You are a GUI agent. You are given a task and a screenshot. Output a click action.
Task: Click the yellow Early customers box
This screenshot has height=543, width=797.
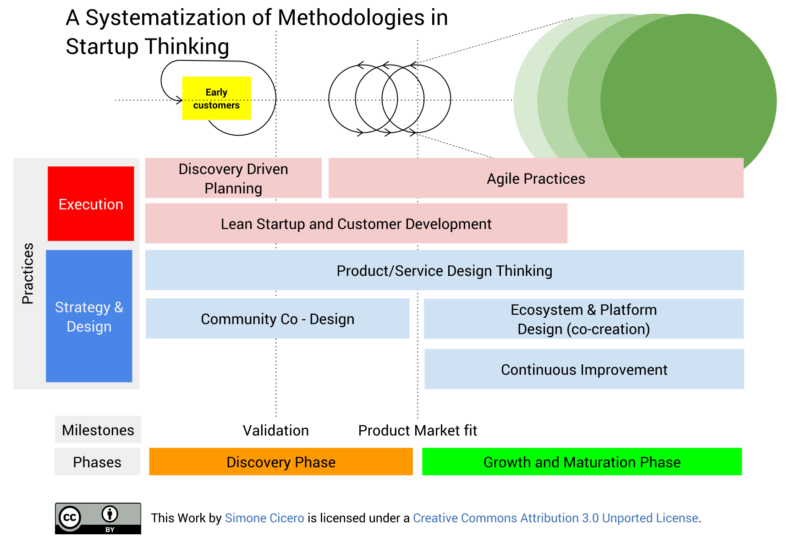point(216,98)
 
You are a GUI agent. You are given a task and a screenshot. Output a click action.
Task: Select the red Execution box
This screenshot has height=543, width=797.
point(91,203)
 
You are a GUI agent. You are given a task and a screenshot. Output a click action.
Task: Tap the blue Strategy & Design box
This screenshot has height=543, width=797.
point(89,316)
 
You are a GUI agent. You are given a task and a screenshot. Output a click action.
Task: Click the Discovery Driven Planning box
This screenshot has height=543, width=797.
point(233,178)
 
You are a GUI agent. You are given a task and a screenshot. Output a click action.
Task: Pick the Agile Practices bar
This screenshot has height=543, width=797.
point(536,178)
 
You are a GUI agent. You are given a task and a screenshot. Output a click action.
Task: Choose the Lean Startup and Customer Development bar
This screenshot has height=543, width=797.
point(356,223)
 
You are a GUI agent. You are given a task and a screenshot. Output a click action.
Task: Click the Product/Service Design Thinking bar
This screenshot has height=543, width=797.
point(445,270)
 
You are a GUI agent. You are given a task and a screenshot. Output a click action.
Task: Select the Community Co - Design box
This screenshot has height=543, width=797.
point(278,318)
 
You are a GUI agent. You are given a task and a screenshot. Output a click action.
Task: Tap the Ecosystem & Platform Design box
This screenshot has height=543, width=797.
point(583,319)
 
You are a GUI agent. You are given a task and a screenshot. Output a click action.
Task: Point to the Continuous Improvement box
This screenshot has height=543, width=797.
point(584,369)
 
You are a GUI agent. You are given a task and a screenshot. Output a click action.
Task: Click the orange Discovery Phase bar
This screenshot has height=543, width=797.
point(281,461)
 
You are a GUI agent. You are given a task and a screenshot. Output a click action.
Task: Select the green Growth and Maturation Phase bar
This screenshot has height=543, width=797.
point(582,461)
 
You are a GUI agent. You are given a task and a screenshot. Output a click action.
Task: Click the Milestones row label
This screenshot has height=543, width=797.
point(98,429)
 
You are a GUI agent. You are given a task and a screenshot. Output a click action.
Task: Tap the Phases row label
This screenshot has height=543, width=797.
point(97,461)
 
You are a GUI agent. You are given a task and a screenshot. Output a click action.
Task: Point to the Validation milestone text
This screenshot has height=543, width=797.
point(275,430)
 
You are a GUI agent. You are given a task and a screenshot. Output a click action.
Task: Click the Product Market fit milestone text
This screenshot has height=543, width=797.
point(418,430)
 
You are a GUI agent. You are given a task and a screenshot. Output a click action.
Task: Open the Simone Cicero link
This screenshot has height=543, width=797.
point(264,518)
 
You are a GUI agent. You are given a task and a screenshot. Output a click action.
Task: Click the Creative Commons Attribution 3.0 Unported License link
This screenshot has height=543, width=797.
point(555,518)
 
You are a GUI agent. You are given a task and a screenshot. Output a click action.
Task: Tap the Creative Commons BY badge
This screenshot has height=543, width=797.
point(98,518)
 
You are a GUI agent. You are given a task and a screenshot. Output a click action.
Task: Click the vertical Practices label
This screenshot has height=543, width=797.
point(28,273)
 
